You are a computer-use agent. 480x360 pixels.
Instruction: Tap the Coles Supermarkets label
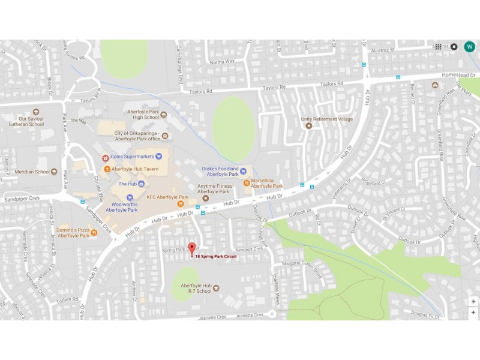coord(129,157)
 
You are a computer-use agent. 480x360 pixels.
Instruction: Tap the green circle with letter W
coord(469,46)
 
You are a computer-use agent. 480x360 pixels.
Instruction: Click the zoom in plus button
coord(473,313)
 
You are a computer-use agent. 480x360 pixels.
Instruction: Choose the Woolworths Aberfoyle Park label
coord(122,207)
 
